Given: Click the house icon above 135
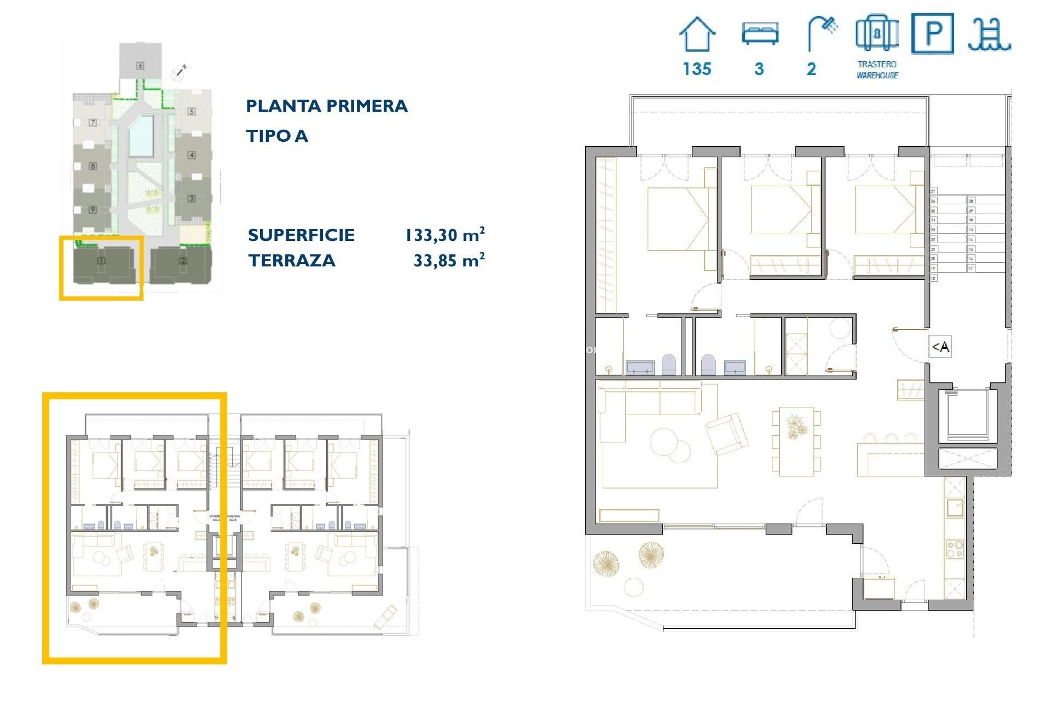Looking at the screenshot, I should pos(697,35).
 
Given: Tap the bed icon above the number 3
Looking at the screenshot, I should pos(760,33).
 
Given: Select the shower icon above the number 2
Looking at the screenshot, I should pos(822,33).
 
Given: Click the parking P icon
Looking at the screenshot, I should pos(933,34).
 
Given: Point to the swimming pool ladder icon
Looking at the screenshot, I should pos(989,35).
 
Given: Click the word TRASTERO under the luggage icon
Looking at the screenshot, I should pos(877,64).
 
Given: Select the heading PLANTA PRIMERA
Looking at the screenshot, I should pos(327,106).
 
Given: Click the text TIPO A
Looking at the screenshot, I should pos(277,136).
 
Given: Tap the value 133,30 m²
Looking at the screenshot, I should pos(444,235).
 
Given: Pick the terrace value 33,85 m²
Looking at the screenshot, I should pos(449,260).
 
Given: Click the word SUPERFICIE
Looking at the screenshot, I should pos(301,235).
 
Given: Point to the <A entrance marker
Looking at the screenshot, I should pos(940,347).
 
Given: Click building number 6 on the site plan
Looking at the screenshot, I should pos(140,66).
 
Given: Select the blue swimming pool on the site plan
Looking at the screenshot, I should pos(141,135).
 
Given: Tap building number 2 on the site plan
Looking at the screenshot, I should pos(183,261).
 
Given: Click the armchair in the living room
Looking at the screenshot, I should pos(726,433).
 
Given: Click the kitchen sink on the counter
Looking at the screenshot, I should pos(955,507).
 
